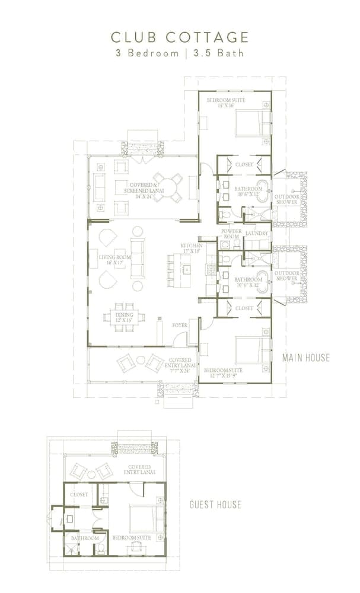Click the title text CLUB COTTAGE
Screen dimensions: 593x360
tap(180, 37)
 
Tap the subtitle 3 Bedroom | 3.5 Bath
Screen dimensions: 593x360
tap(180, 53)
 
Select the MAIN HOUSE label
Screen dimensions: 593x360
tap(305, 357)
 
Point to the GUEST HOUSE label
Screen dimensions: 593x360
tap(215, 505)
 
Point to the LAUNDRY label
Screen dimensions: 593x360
tap(257, 233)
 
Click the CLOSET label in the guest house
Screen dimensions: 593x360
tap(79, 494)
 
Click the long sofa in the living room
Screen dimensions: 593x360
tap(137, 259)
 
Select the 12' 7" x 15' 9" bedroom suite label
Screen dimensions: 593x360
tap(224, 372)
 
